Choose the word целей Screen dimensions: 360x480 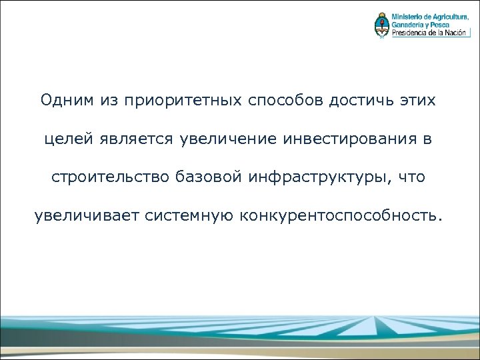[70, 140]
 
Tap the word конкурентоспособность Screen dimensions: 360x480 [340, 217]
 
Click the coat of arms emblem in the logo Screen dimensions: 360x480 [381, 25]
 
